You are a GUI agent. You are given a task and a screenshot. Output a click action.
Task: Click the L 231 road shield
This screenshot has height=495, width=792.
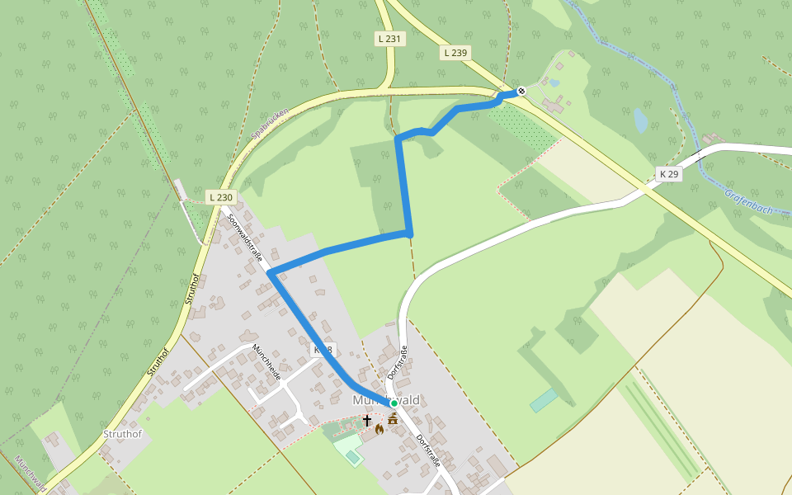click(389, 39)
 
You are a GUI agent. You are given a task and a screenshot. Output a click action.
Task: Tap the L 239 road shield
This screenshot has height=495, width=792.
click(455, 53)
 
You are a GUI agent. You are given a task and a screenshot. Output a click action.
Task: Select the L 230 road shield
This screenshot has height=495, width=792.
click(221, 197)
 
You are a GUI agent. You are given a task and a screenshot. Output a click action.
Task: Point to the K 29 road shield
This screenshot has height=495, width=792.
click(668, 174)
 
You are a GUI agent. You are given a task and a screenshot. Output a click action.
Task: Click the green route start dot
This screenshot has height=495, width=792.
click(394, 403)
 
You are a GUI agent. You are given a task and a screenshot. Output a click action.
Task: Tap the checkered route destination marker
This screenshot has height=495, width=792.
click(521, 92)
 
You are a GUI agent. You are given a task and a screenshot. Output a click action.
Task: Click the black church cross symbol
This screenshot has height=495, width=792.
click(367, 420)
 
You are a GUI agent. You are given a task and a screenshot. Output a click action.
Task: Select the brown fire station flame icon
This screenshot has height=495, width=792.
click(379, 429)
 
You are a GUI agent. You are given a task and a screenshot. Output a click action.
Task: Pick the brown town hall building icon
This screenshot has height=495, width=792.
click(393, 419)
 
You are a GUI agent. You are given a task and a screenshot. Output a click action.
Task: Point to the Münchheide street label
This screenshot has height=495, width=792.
click(267, 362)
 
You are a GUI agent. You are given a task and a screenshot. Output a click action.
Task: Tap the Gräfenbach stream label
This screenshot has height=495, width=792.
click(748, 201)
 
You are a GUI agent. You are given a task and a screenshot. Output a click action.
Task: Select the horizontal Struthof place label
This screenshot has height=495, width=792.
click(122, 434)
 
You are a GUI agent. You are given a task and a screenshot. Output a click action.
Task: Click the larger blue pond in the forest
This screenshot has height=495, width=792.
click(640, 120)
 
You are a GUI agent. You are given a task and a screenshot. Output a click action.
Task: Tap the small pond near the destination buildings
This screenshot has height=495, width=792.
click(554, 82)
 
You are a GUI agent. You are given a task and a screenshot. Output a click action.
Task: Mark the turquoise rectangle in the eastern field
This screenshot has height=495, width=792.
click(544, 400)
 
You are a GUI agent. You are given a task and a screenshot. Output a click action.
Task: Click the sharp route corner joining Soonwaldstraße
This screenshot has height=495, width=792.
click(270, 273)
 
